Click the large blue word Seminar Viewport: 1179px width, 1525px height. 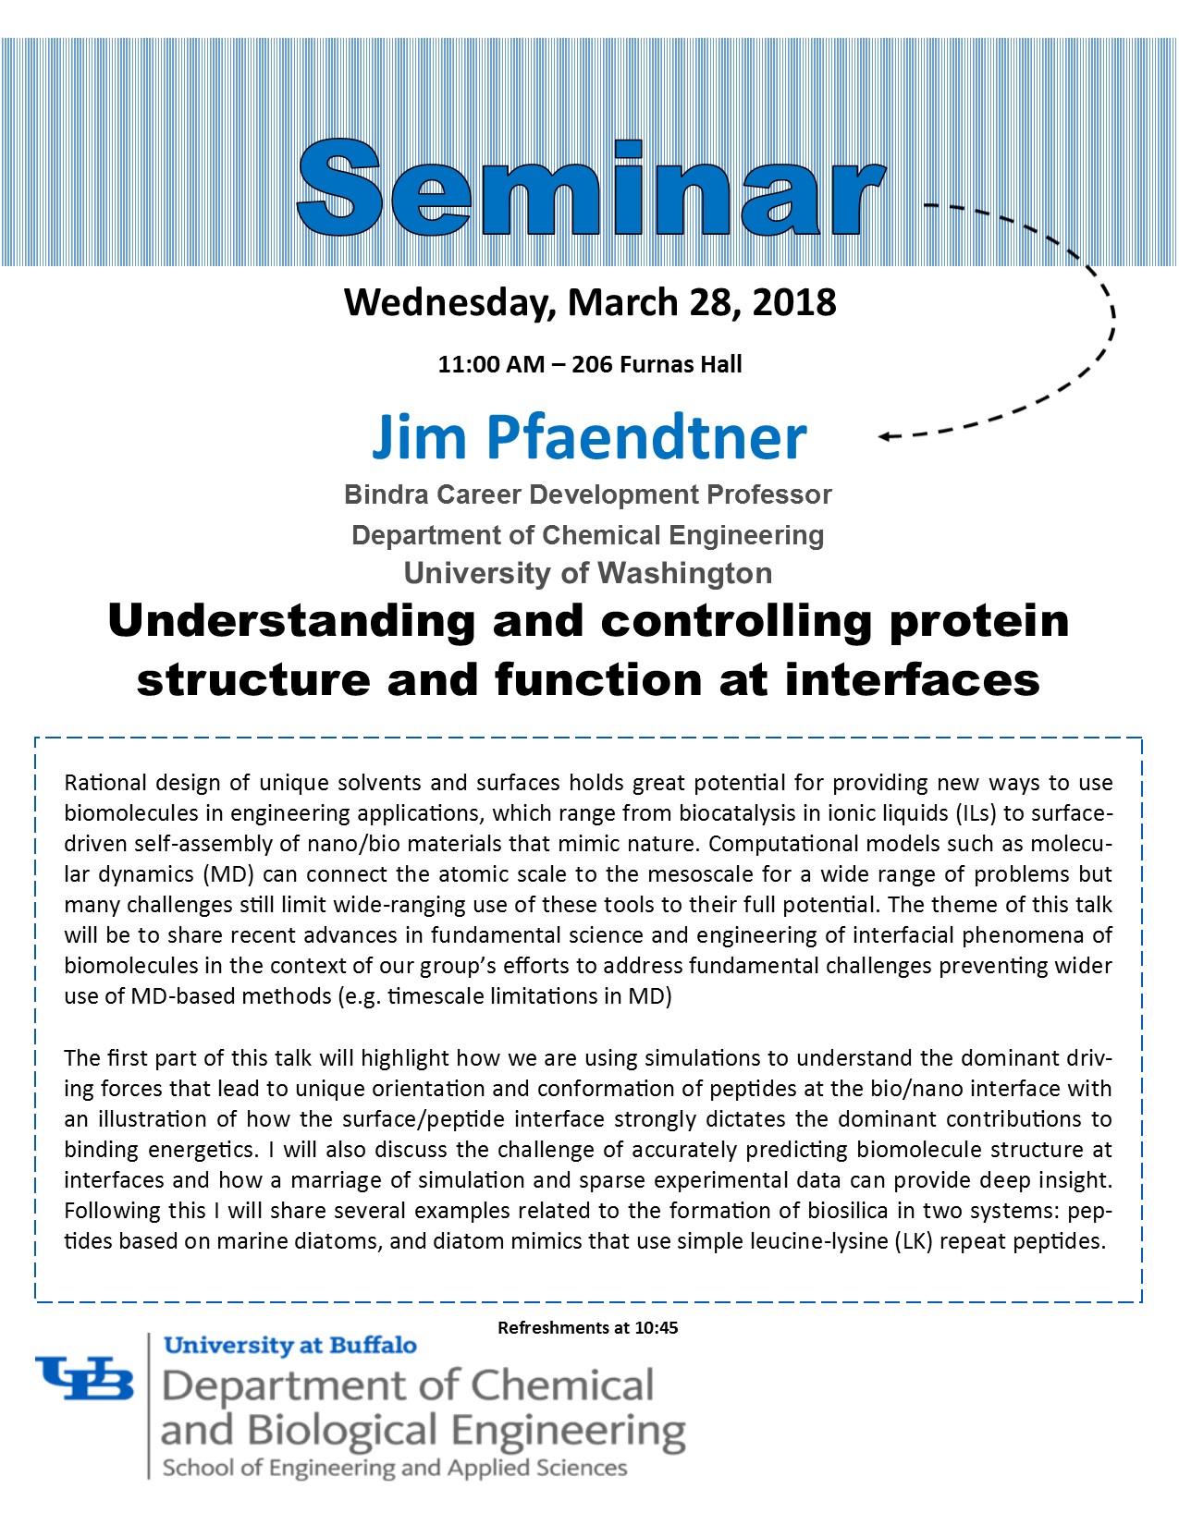(591, 188)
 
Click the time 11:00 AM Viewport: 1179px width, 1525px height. (491, 364)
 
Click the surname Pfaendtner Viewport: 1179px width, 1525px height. (646, 438)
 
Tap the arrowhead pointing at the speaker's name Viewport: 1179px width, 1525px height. (886, 436)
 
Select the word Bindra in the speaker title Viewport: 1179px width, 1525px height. (386, 494)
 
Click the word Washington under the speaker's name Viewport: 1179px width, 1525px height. (684, 573)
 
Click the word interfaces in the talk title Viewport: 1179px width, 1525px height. (912, 680)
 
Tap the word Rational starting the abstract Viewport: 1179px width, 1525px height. (105, 783)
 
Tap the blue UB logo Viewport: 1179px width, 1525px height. (85, 1378)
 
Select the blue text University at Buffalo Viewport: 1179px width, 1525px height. (290, 1346)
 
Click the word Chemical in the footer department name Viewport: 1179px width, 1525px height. (562, 1386)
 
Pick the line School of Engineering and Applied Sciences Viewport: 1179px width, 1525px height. (395, 1469)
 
